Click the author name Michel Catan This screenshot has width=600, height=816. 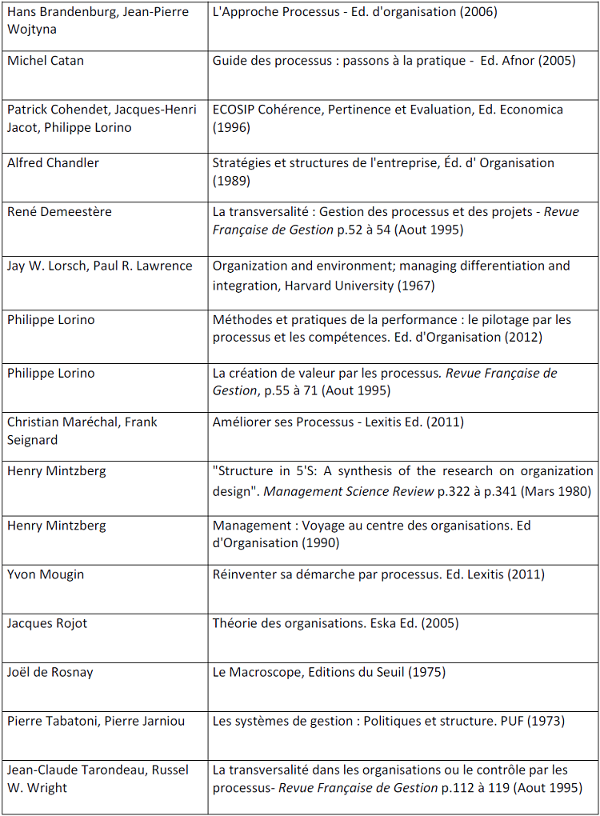point(46,61)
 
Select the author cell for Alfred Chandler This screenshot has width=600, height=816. point(54,163)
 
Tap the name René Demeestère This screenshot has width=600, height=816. point(60,212)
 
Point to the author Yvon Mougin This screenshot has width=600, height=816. point(46,574)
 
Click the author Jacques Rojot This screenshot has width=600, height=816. point(47,623)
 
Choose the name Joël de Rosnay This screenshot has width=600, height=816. point(50,672)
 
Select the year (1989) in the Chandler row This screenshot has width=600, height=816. point(231,182)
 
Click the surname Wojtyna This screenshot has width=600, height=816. point(32,30)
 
